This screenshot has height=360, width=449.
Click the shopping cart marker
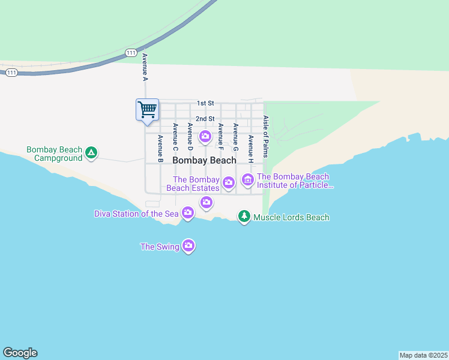pos(147,110)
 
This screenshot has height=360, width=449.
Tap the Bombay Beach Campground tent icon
pos(91,153)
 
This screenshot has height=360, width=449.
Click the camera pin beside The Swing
pos(188,245)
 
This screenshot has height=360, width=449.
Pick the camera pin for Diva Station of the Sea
pos(188,212)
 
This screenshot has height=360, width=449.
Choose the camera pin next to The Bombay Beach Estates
pos(228,182)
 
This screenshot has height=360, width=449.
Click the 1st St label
pos(205,104)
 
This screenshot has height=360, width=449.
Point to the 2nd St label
pos(205,119)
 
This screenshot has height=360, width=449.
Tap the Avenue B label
pos(160,148)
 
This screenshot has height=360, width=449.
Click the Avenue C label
pos(175,137)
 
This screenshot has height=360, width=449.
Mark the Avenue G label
pos(235,137)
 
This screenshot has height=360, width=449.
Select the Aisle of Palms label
pos(265,137)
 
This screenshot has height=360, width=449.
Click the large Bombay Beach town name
pos(204,161)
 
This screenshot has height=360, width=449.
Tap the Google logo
pos(20,353)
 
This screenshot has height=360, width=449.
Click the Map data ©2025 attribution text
pos(424,355)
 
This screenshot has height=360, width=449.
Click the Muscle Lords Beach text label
pos(291,217)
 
